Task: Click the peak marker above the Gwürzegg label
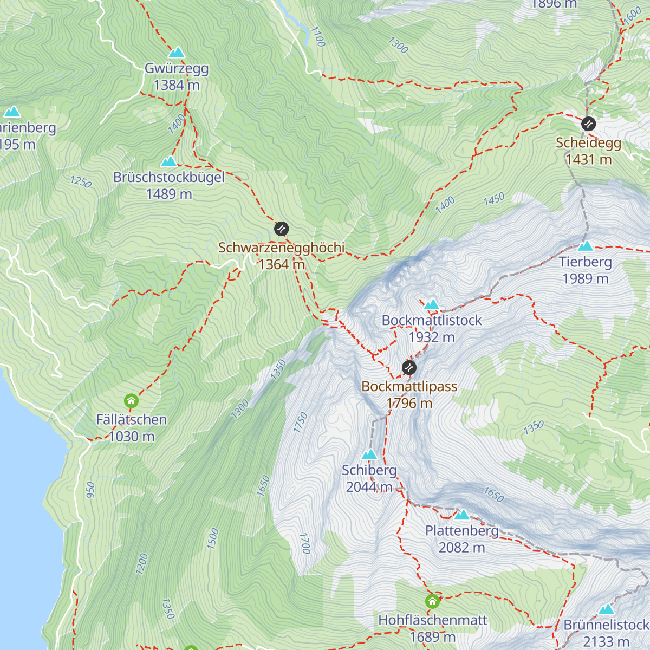(x=177, y=53)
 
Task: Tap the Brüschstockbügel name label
(x=169, y=178)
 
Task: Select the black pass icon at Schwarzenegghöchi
(x=281, y=229)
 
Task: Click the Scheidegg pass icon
(x=588, y=124)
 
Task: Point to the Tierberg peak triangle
(x=585, y=246)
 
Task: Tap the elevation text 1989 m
(x=585, y=279)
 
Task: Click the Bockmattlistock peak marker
(x=432, y=304)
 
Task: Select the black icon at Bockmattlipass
(x=409, y=368)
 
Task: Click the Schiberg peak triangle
(x=369, y=454)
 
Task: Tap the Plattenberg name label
(x=461, y=531)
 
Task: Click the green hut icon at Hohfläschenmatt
(x=432, y=602)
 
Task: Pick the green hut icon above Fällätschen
(x=131, y=401)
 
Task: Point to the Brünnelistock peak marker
(x=606, y=609)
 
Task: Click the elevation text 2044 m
(x=369, y=487)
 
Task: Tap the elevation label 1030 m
(x=132, y=437)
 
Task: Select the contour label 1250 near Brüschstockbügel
(x=81, y=182)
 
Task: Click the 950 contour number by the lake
(x=90, y=490)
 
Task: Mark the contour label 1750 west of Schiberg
(x=301, y=422)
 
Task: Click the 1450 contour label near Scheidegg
(x=493, y=199)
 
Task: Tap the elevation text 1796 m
(x=409, y=404)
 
